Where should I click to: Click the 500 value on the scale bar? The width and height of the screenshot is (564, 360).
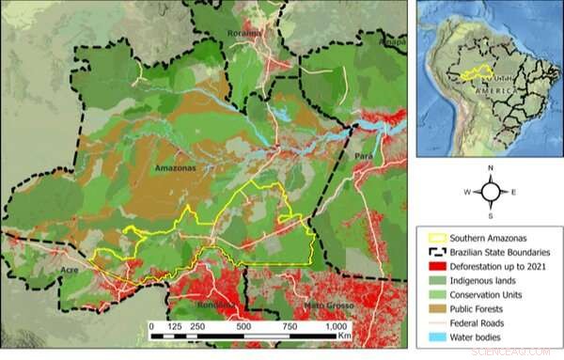coord(243,325)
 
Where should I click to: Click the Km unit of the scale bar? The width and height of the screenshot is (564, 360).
coord(345,335)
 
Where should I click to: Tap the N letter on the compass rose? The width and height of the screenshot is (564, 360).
coord(490,166)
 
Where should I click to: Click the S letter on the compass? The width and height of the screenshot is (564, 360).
coord(490,215)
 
